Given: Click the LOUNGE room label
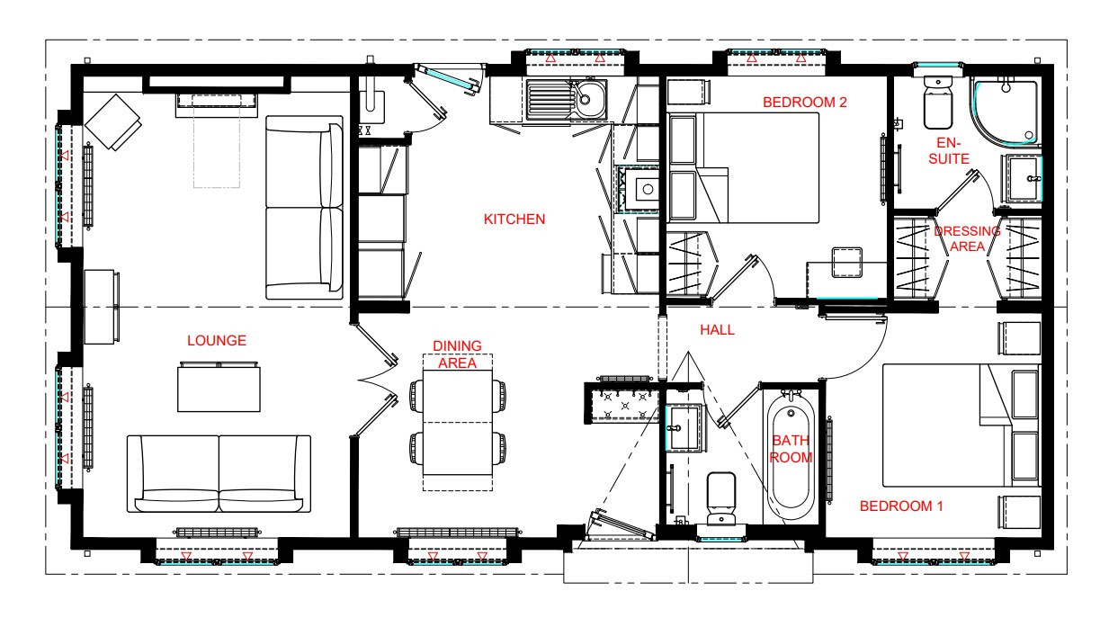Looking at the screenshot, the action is pyautogui.click(x=217, y=341).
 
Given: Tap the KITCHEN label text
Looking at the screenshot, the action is pyautogui.click(x=514, y=219).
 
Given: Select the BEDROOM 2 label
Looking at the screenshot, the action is pyautogui.click(x=804, y=103).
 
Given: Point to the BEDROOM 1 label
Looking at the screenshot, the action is pyautogui.click(x=901, y=506).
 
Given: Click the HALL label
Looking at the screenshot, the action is pyautogui.click(x=717, y=330).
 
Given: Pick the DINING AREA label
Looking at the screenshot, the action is pyautogui.click(x=457, y=354).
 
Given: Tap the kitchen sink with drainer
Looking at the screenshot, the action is pyautogui.click(x=567, y=100).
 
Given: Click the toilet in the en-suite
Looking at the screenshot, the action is pyautogui.click(x=938, y=103).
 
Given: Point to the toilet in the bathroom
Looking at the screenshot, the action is pyautogui.click(x=720, y=497).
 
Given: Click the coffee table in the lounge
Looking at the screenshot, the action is pyautogui.click(x=219, y=387).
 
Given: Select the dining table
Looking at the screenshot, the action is pyautogui.click(x=458, y=423).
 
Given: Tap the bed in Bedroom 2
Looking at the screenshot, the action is pyautogui.click(x=743, y=168).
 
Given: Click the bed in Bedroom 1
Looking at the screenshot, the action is pyautogui.click(x=961, y=425).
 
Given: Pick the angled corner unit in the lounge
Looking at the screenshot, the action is pyautogui.click(x=113, y=121).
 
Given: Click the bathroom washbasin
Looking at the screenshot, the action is pyautogui.click(x=684, y=428).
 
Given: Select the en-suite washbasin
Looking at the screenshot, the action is pyautogui.click(x=1023, y=179).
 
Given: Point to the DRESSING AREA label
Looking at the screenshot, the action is pyautogui.click(x=967, y=238).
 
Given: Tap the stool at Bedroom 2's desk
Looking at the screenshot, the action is pyautogui.click(x=847, y=263).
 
